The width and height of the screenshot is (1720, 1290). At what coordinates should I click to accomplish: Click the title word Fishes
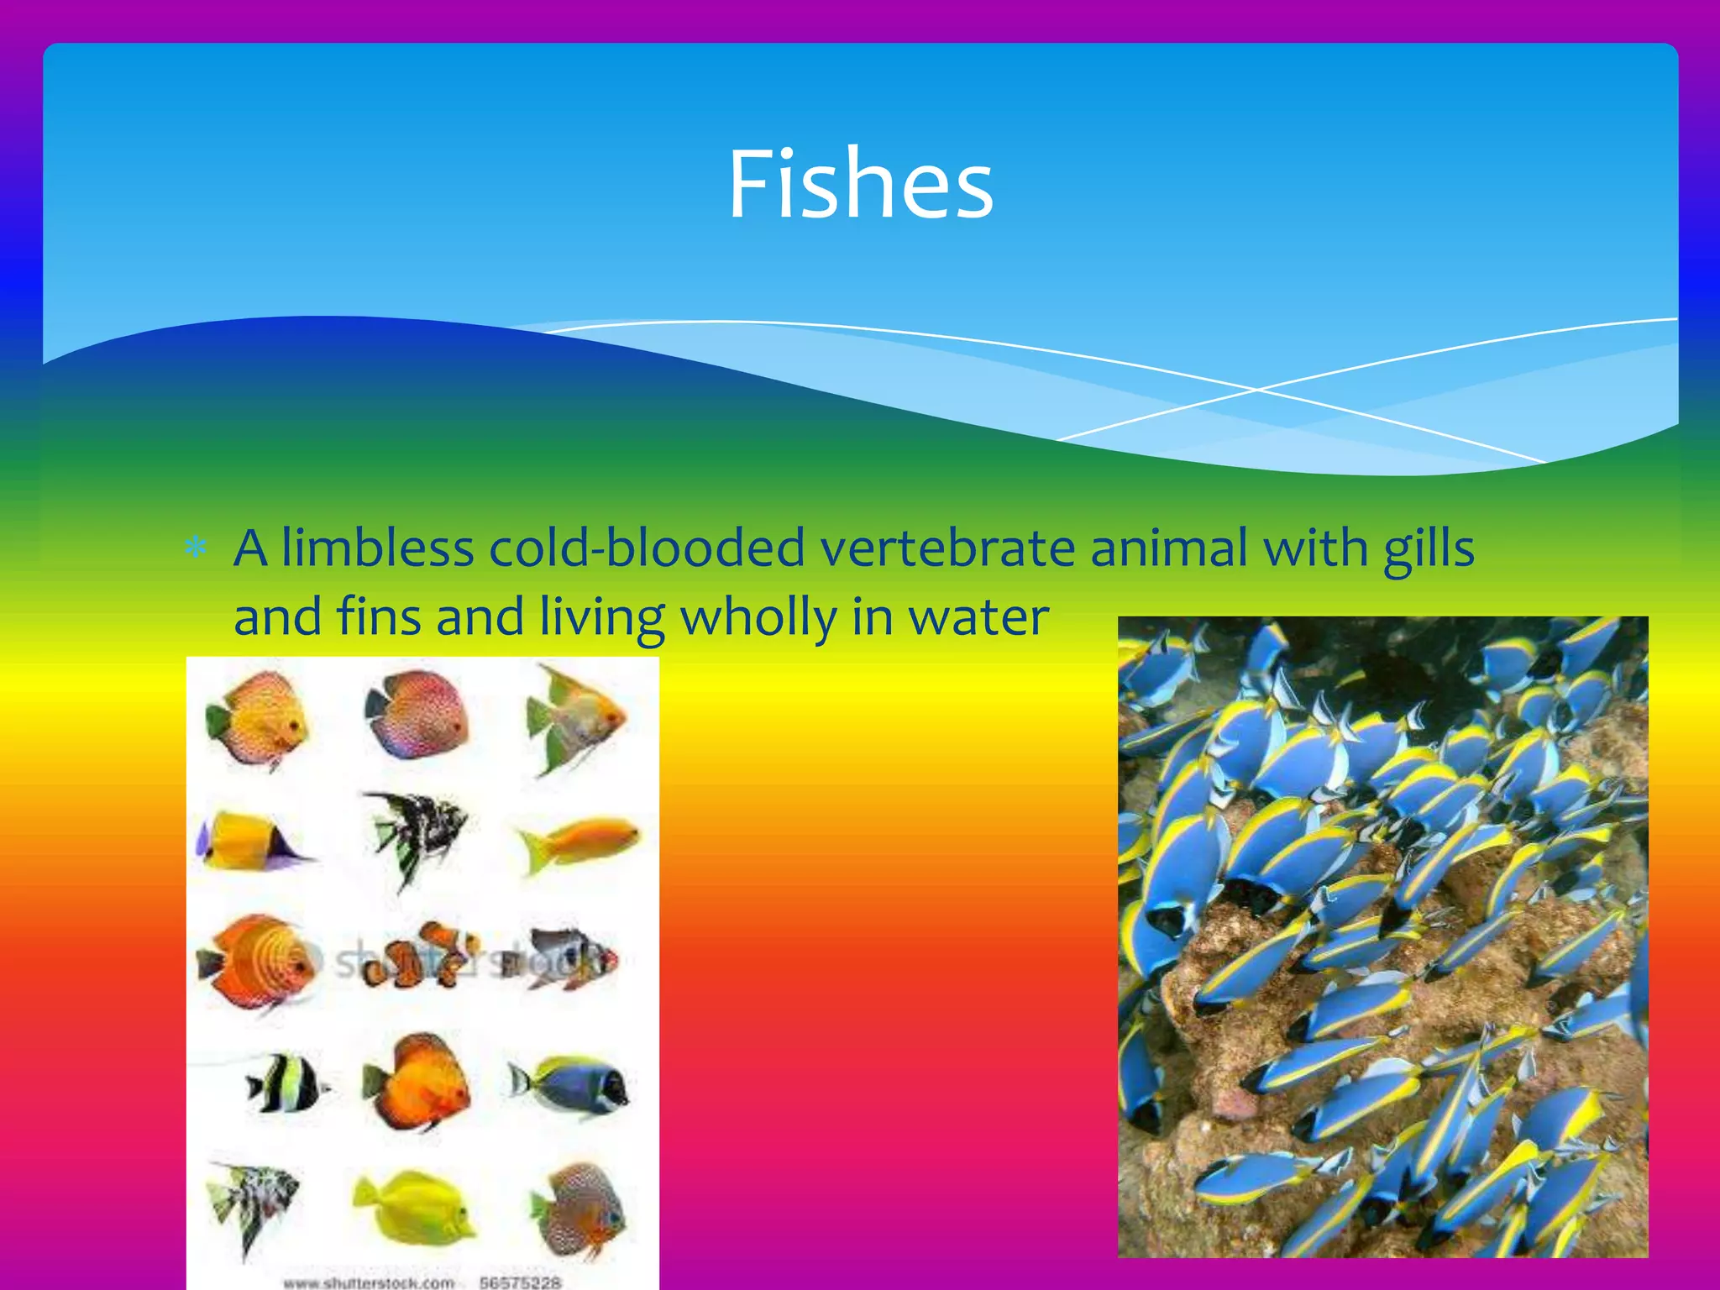coord(860,185)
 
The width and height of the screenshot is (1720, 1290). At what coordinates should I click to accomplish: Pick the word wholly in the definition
coord(758,618)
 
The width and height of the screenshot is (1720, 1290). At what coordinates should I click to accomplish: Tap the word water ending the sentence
coord(978,618)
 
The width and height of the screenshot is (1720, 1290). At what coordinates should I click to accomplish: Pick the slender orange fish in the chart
coord(579,840)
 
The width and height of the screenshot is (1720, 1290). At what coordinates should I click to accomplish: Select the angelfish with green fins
coord(571,718)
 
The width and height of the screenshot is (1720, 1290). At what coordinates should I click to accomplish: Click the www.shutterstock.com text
coord(369,1282)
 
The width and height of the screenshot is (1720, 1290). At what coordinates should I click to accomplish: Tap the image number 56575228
coord(520,1282)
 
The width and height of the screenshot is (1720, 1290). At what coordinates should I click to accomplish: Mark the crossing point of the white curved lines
coord(1256,390)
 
